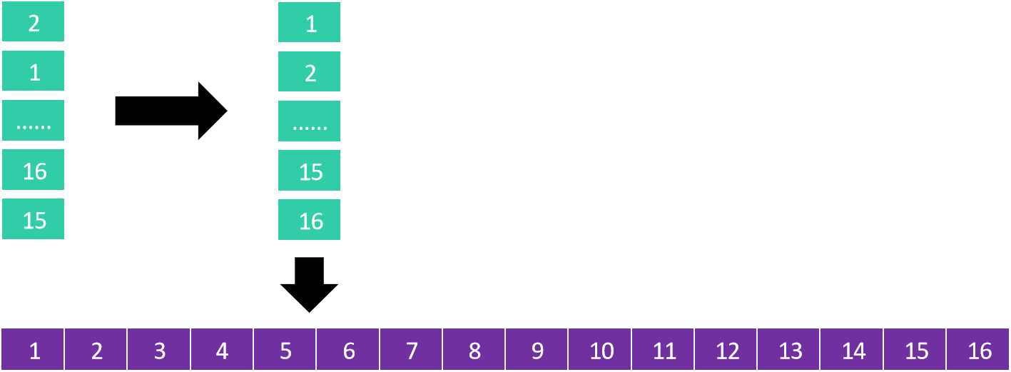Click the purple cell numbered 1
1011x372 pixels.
pos(33,350)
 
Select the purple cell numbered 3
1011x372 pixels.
pos(159,350)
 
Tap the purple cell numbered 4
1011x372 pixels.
pos(222,350)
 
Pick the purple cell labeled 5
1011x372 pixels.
pos(285,350)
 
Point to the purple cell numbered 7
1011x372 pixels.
pos(411,350)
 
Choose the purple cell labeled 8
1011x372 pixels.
pos(474,350)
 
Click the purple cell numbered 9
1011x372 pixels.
pos(537,350)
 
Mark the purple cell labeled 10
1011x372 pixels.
pos(600,350)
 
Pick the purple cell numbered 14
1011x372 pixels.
pos(852,350)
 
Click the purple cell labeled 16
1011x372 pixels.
pos(978,350)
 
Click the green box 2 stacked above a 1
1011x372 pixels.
pos(34,22)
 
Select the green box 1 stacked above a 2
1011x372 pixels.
pos(309,23)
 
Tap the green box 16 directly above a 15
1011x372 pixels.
pos(34,170)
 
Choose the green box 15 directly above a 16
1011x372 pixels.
pos(309,171)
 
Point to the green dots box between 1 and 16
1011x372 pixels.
pos(34,121)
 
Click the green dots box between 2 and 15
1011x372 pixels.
pos(309,121)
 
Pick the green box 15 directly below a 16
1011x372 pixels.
pos(34,219)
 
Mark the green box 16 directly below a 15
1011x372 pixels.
pos(309,220)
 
